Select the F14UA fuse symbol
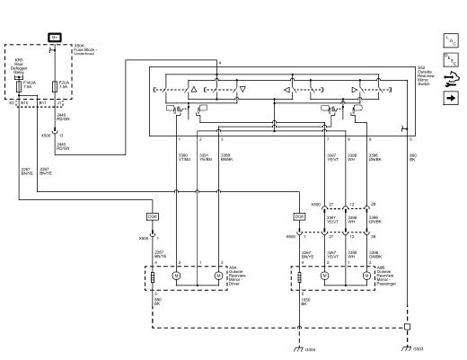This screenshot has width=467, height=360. (x=21, y=86)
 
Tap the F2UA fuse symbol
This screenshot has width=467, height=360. (x=55, y=85)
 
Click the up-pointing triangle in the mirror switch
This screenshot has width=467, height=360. (x=192, y=91)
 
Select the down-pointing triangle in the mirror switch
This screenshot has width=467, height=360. (x=242, y=91)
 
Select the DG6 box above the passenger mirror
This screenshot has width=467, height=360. (x=299, y=216)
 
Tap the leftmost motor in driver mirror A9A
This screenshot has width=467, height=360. (x=178, y=277)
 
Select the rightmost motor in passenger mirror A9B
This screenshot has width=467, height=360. (x=366, y=277)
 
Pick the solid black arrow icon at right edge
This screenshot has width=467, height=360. (x=452, y=97)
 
